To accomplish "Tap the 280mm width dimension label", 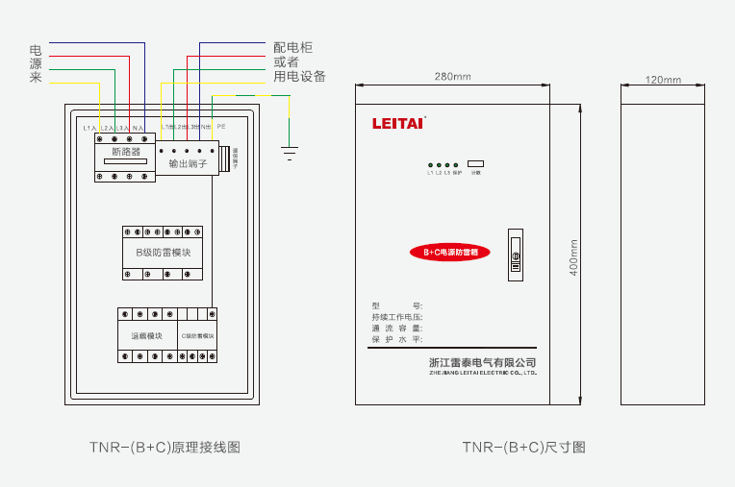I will (x=452, y=76).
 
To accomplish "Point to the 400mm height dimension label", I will (x=573, y=255).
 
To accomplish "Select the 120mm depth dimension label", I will (x=662, y=80).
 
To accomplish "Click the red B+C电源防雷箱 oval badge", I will (x=451, y=252).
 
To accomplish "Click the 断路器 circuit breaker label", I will (x=126, y=152).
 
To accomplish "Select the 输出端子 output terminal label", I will (x=188, y=164).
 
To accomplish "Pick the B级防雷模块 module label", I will (x=163, y=253).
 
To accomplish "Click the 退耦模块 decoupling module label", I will (x=146, y=336).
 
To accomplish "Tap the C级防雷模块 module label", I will (x=198, y=336).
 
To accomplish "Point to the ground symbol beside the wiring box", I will (x=288, y=149).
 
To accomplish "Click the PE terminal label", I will (x=221, y=127).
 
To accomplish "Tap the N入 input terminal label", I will (x=138, y=128).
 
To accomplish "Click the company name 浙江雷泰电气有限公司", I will (x=482, y=362).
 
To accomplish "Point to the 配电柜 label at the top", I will (x=292, y=46).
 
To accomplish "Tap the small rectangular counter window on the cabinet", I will (x=475, y=163).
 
